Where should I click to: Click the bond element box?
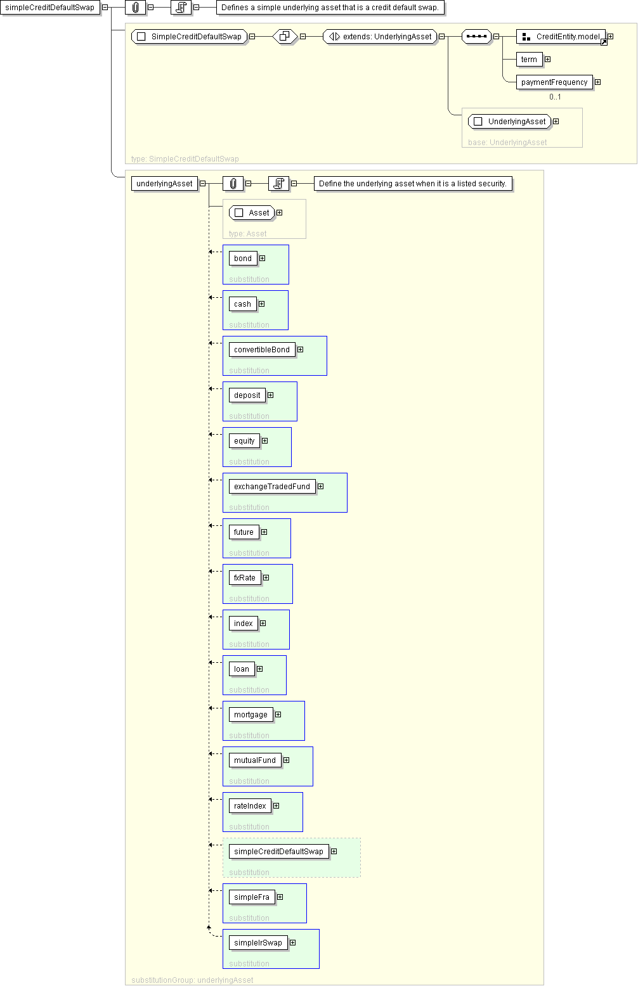[243, 259]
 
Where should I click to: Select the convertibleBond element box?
[262, 350]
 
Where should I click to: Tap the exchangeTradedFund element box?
[272, 487]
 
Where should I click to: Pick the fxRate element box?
[245, 577]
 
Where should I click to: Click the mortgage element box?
[251, 714]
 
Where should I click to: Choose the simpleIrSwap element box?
[257, 942]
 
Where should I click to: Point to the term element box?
[529, 60]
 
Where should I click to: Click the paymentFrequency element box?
[554, 82]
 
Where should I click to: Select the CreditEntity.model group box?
[561, 37]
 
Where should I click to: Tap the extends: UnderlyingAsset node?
[381, 37]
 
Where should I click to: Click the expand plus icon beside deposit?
[271, 395]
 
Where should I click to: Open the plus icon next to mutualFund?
[287, 760]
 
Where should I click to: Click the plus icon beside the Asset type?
[279, 213]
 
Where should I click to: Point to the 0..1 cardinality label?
[555, 97]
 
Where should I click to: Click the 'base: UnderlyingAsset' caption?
[507, 142]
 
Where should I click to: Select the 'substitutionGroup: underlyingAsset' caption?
[192, 980]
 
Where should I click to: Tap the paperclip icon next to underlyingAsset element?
[233, 184]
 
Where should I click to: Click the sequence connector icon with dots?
[476, 37]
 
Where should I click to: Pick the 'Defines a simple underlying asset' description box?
[330, 8]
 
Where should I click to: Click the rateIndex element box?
[250, 805]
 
